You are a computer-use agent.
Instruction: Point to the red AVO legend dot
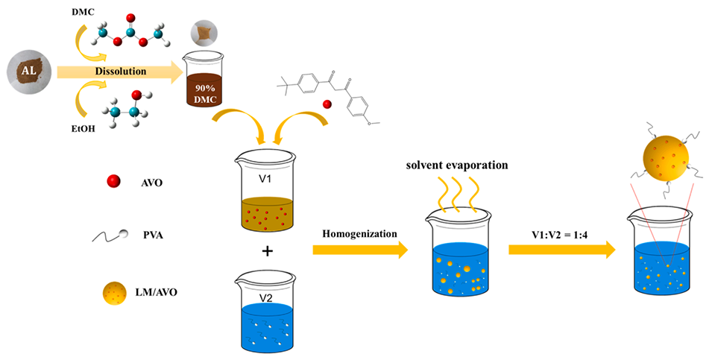114,180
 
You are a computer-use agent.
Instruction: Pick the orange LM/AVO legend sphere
113,293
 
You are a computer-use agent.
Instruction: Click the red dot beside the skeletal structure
327,104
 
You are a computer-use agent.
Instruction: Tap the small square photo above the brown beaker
201,31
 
